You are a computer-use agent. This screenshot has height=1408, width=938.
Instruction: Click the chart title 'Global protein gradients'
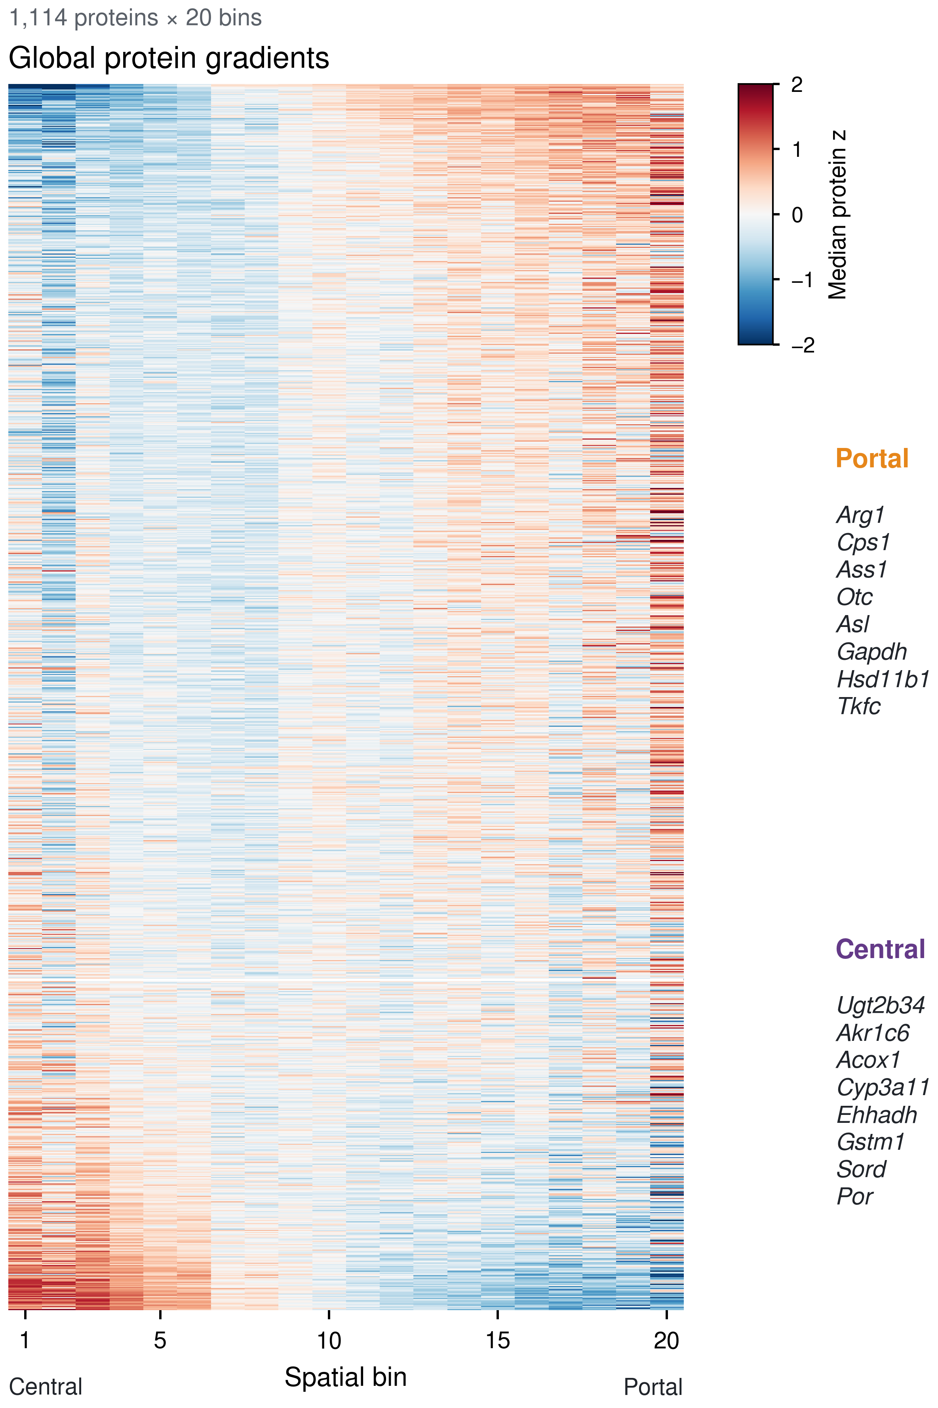click(x=169, y=59)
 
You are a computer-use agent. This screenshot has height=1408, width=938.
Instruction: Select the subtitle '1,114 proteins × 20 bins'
click(x=135, y=18)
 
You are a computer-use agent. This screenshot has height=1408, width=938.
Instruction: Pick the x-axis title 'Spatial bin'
click(x=346, y=1377)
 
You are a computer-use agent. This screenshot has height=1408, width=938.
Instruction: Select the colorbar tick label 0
click(x=797, y=215)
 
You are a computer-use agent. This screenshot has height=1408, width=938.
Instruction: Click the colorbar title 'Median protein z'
click(x=837, y=215)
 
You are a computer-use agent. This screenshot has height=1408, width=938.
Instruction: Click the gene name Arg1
click(x=860, y=515)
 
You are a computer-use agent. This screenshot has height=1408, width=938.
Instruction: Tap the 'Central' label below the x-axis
click(x=46, y=1387)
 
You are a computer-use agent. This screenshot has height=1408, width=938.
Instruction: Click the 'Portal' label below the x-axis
click(x=653, y=1387)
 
